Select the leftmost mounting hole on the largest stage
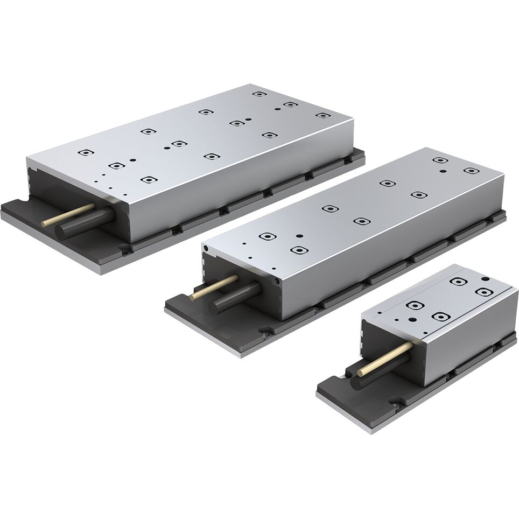pos(83,153)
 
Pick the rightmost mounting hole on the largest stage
pos(322,115)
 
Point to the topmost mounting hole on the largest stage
pos(259,94)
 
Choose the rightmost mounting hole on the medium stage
pos(471,171)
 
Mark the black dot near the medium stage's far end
pos(443,171)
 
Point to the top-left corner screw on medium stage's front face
pos(205,248)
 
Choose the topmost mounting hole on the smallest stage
pos(459,280)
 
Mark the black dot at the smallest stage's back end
pos(485,278)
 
